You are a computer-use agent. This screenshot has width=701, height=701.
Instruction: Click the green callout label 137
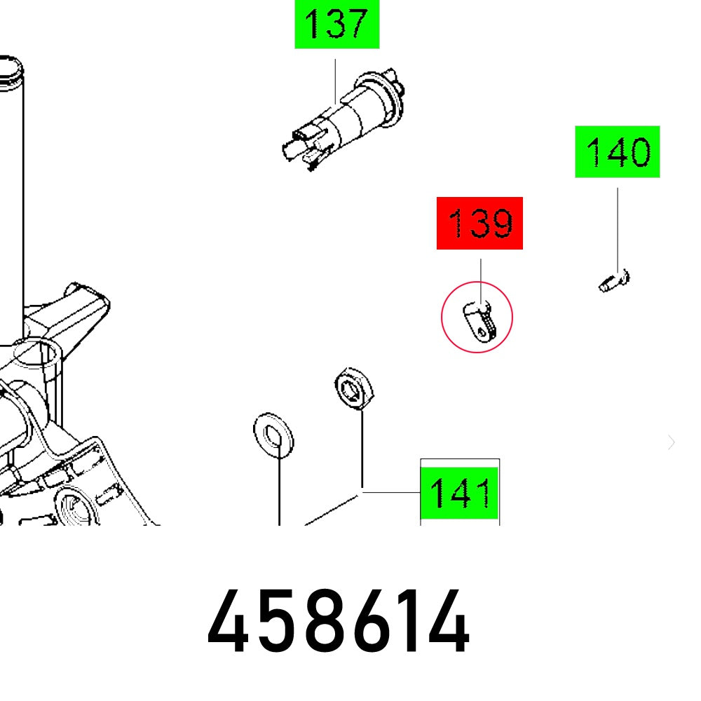point(336,25)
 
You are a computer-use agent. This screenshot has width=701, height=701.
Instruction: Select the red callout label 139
point(479,223)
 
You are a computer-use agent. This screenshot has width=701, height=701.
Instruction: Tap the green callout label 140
point(618,151)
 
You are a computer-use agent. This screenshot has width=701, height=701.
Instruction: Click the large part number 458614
point(338,622)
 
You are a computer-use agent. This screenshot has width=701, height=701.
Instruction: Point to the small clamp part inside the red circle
point(479,319)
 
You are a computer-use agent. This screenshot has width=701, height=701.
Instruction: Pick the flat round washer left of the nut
point(273,432)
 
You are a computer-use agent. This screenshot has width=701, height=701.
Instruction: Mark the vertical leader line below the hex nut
point(362,449)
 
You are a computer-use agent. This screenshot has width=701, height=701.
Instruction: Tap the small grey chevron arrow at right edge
point(672,442)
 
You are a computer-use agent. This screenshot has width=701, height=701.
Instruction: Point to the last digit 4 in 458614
point(446,622)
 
